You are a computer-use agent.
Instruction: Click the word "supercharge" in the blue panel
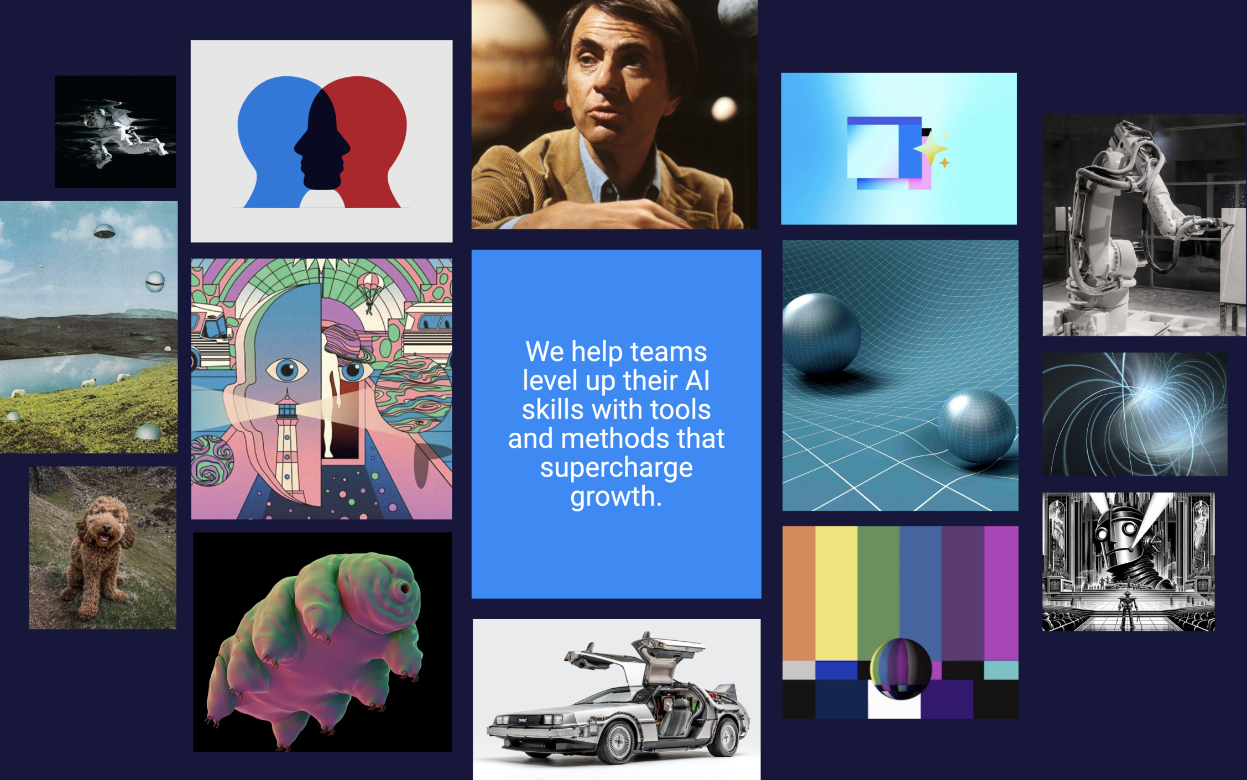click(616, 468)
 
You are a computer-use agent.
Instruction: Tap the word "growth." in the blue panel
click(616, 496)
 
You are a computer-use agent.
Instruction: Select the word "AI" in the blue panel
click(697, 380)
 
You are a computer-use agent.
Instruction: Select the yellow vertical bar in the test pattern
click(836, 593)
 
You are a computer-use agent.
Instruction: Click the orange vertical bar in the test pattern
click(799, 593)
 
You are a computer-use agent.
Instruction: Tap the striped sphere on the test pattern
click(900, 668)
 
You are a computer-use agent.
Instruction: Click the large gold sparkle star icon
click(930, 149)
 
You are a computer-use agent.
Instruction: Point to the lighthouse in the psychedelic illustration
click(287, 442)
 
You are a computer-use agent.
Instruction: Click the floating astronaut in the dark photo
click(119, 133)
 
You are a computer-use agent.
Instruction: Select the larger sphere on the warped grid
click(821, 334)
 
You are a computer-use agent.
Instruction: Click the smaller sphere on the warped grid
click(977, 426)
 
